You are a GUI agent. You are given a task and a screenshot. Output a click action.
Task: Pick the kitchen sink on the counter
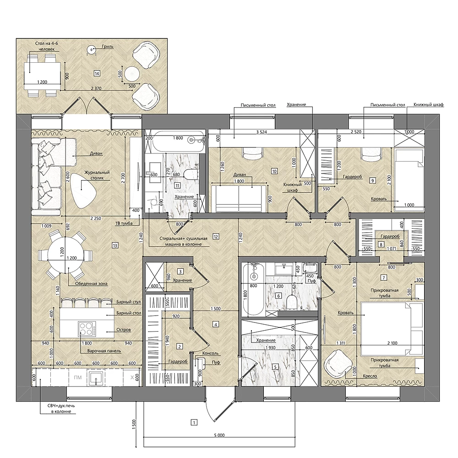coord(96,378)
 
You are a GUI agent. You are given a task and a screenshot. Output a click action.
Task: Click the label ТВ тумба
coord(124,224)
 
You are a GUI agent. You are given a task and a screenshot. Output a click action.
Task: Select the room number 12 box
coord(216,236)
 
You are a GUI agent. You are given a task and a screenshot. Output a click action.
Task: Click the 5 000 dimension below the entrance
coord(219,435)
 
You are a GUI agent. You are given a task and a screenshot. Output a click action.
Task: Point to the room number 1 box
coord(194,422)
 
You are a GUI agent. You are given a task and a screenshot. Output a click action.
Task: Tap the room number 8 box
coord(381,245)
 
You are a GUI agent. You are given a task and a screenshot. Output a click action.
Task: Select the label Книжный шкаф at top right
coord(429,104)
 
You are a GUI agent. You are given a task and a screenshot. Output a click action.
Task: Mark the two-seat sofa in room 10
coord(239,197)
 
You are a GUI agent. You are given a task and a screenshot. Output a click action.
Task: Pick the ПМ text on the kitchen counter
coord(78,377)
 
